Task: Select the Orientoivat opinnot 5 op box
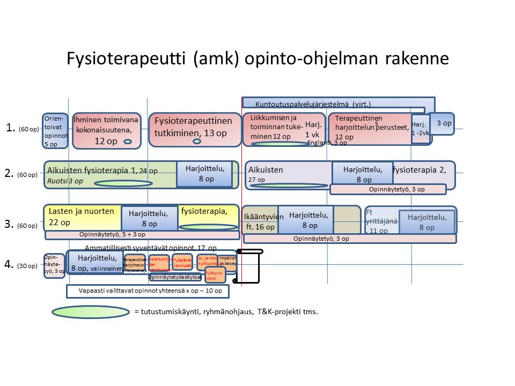pos(55,131)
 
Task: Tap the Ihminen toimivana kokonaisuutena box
pos(106,130)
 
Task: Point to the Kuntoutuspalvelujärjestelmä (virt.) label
pos(313,104)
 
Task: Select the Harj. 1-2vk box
pos(420,129)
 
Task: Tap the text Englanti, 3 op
pos(327,143)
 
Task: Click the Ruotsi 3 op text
pos(65,181)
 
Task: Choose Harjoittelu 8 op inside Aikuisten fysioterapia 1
pos(205,174)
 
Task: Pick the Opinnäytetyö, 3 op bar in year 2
pos(388,189)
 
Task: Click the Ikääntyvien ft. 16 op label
pos(260,222)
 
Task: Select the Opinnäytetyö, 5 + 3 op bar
pos(142,235)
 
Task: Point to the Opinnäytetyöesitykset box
pos(175,277)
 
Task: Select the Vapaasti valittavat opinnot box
pos(147,291)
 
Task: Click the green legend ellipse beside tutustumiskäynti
pos(91,312)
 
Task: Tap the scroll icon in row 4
pos(250,266)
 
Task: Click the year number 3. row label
pos(9,224)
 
